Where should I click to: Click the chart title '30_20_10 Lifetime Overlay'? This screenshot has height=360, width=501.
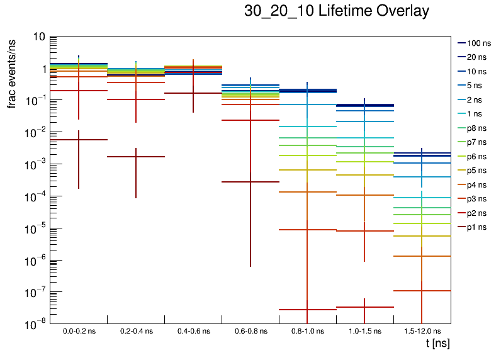[x=337, y=11]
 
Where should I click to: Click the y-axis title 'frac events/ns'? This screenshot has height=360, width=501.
[x=12, y=72]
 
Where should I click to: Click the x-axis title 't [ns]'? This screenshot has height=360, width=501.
[x=437, y=344]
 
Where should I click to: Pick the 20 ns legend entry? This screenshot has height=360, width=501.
[x=478, y=57]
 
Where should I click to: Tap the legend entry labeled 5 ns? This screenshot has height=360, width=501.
[x=478, y=86]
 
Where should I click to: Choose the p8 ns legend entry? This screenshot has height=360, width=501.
[x=478, y=128]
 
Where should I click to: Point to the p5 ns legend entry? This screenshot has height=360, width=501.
[x=478, y=171]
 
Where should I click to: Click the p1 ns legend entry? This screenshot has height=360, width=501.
[x=478, y=227]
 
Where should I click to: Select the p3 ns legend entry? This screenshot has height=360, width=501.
[x=478, y=199]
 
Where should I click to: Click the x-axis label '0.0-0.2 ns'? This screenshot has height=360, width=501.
[x=79, y=331]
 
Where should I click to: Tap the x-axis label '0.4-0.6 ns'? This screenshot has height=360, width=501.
[x=193, y=331]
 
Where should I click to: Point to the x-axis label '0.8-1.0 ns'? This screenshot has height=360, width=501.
[x=307, y=331]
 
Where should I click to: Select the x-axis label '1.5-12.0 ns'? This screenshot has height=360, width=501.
[x=422, y=331]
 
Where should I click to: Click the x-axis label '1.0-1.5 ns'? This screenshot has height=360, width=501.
[x=364, y=331]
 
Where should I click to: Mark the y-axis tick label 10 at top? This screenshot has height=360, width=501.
[x=38, y=37]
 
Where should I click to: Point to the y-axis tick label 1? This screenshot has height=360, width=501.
[x=42, y=69]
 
